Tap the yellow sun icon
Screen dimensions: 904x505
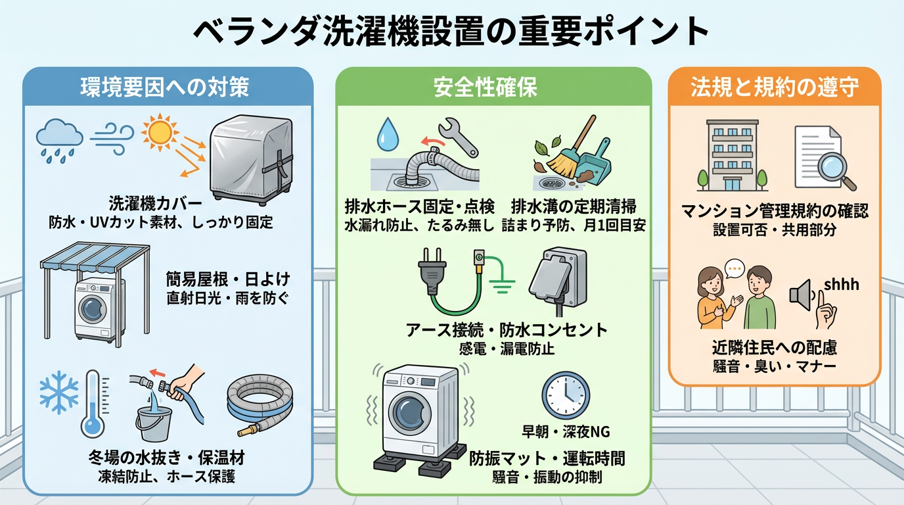click(x=160, y=132)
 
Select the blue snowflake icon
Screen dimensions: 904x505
click(x=59, y=393)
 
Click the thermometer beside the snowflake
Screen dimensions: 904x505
click(x=94, y=404)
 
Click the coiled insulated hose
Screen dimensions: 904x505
click(x=259, y=406)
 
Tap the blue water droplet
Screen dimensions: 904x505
click(x=388, y=134)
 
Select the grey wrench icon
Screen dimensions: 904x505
click(x=458, y=137)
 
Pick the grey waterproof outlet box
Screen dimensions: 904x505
click(x=558, y=279)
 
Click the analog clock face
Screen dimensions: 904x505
click(x=566, y=395)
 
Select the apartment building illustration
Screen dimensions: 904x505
click(x=732, y=155)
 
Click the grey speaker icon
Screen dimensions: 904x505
click(x=800, y=295)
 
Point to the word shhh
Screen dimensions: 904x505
click(x=842, y=285)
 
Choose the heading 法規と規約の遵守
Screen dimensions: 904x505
click(x=775, y=87)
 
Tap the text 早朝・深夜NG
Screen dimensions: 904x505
click(x=566, y=432)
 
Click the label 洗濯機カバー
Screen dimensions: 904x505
click(x=155, y=204)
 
